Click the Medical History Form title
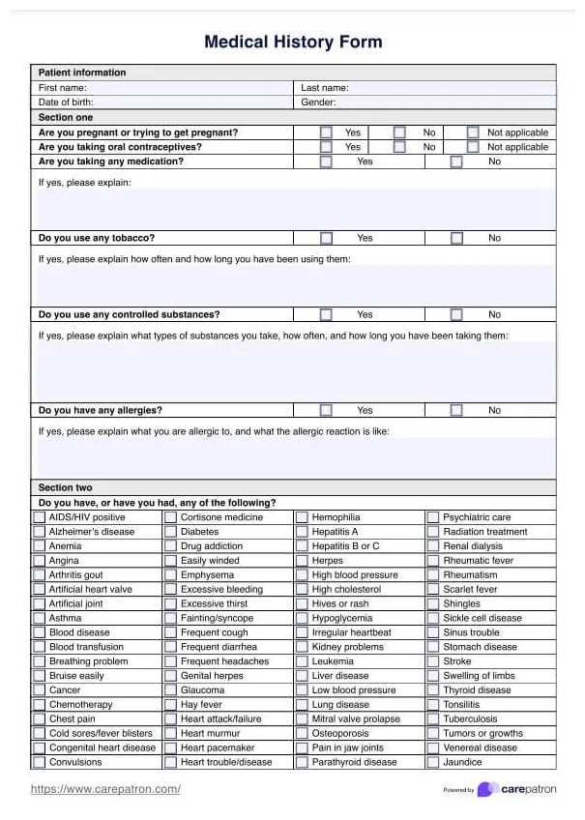pos(293,42)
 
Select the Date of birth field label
pos(66,102)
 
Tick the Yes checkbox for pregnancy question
pos(326,132)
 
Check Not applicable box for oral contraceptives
pos(473,147)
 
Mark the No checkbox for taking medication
pos(456,161)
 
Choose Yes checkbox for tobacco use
pos(326,238)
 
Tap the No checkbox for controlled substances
pos(456,314)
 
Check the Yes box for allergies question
pos(326,410)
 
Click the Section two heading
pos(66,487)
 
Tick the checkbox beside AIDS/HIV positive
pos(40,517)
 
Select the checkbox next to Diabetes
pos(170,532)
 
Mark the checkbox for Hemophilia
pos(302,517)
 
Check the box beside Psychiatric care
pos(433,517)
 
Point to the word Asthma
pos(66,618)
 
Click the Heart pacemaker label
pos(218,747)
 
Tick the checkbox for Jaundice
pos(433,762)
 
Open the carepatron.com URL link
pos(105,789)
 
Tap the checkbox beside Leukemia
pos(302,661)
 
